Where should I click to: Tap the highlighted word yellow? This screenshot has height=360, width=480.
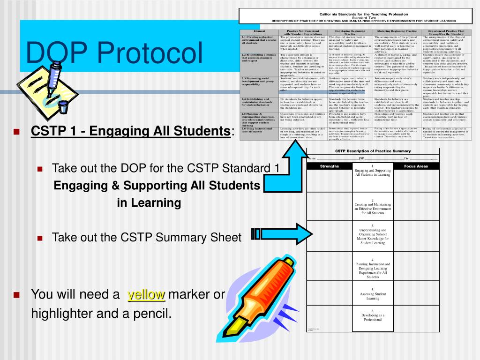point(147,294)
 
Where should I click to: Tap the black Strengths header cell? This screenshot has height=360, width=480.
point(329,166)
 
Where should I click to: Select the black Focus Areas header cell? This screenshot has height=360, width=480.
point(416,166)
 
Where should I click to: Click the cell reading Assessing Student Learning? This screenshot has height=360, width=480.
point(373,294)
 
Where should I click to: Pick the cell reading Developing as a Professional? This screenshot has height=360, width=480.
point(373,315)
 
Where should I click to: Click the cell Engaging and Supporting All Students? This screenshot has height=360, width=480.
point(373,171)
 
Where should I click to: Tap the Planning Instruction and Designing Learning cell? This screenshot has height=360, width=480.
point(373,268)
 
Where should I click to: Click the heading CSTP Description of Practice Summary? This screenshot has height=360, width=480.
point(373,151)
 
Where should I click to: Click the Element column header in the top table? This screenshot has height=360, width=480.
point(259,31)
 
